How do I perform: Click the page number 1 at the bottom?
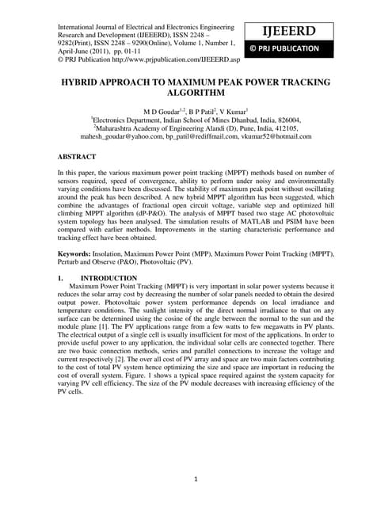pos(196,479)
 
